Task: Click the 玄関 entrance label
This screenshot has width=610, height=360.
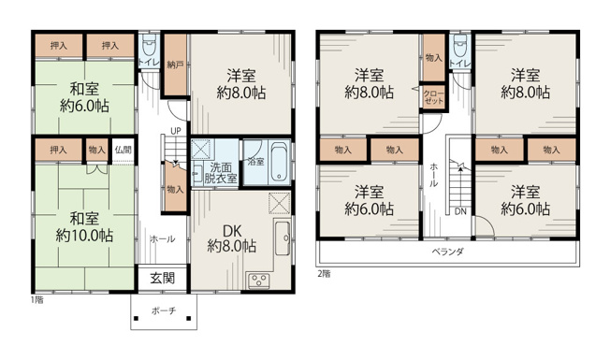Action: coord(163,279)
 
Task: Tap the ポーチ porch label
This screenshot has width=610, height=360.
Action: coord(164,310)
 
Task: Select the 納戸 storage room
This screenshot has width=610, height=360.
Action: coord(175,65)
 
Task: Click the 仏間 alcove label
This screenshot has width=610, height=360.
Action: coord(123,150)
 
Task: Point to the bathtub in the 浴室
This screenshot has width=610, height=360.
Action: coord(280,162)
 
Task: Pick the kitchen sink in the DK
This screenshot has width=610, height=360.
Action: coord(283,238)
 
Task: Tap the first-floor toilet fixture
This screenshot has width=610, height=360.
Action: coord(149,46)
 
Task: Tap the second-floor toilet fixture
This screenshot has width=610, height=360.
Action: coord(460,46)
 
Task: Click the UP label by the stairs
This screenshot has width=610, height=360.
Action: coord(176,131)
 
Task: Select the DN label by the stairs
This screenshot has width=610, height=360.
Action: coord(460,211)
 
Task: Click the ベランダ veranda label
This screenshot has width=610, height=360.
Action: coord(447,252)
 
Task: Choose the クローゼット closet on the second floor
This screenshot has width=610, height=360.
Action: coord(434,97)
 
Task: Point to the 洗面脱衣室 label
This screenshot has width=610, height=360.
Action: coord(221,173)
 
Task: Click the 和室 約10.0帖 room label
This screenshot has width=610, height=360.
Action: coord(84,227)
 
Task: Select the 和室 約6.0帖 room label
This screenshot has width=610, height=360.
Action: coord(84,97)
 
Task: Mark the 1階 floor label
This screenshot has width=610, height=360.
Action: coord(37,300)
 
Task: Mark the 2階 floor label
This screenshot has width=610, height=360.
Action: coord(324,274)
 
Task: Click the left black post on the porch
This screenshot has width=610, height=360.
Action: coord(137,319)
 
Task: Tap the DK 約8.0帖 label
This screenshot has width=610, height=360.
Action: coord(231,238)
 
